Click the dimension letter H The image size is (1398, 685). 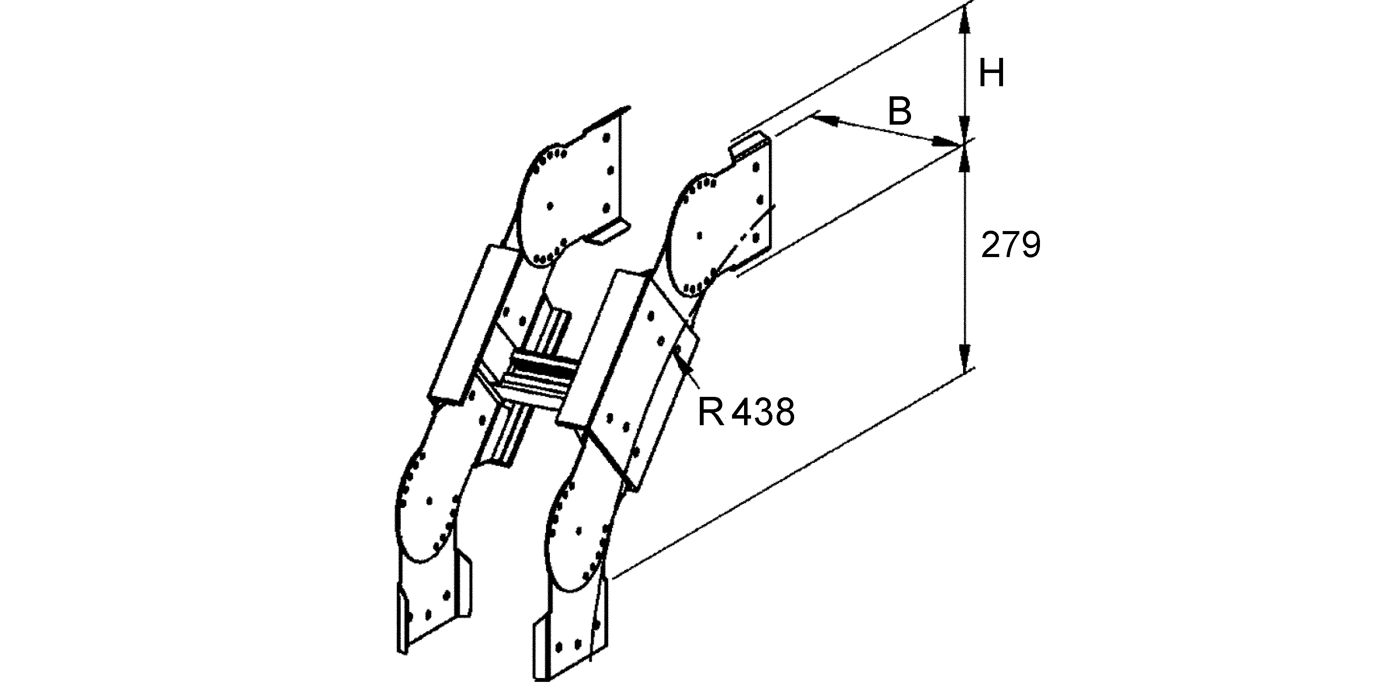991,74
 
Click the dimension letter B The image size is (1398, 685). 899,111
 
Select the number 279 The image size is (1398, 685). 1011,245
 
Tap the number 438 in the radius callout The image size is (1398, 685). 763,412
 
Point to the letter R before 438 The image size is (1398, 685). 711,412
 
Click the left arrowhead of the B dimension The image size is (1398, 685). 826,119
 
